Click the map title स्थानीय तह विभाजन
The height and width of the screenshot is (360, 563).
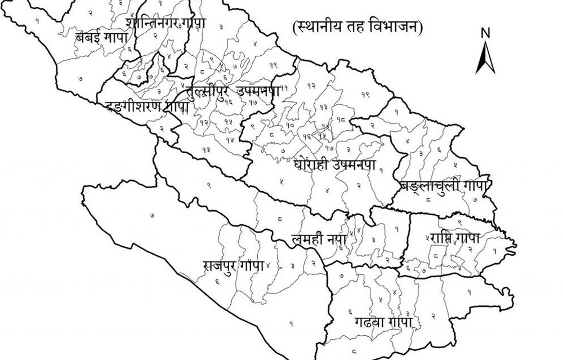coord(358,26)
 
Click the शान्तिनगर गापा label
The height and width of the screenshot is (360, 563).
coord(166,24)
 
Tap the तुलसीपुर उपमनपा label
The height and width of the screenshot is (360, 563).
coord(231,91)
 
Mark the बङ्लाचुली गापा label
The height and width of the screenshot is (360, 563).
coord(445,185)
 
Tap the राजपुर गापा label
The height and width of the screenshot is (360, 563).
coord(233,265)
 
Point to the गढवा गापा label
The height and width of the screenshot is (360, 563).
coord(383,323)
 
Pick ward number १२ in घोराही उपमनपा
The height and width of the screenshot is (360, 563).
coord(311,85)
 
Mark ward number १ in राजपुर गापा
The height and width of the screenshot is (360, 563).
coord(292,323)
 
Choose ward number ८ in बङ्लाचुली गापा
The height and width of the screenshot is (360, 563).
coord(429,198)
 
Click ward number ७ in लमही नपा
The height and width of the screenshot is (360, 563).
coord(342,275)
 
